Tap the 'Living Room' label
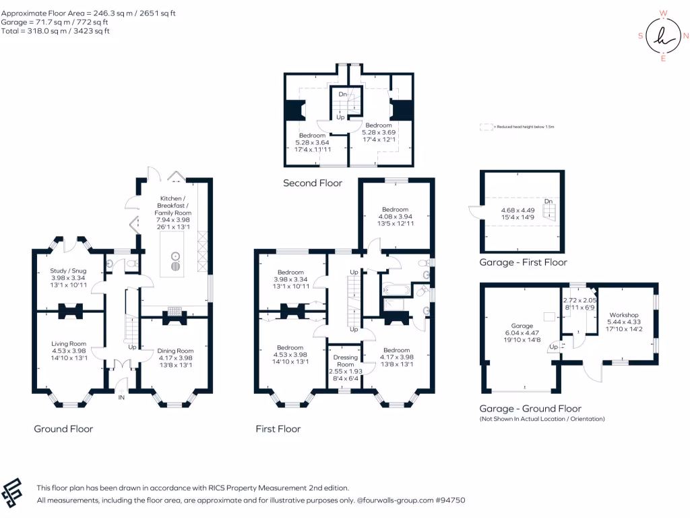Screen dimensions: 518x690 pos(69,344)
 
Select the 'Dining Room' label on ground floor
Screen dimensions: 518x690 pos(175,351)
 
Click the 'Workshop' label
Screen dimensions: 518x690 pos(623,315)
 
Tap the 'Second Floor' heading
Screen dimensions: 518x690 pos(312,183)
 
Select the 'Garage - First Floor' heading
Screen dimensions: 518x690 pos(523,262)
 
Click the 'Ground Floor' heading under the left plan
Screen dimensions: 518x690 pos(63,429)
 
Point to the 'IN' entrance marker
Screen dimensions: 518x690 pos(122,399)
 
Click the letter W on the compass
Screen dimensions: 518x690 pos(663,13)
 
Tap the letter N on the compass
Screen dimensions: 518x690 pos(685,36)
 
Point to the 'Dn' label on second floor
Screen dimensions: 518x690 pos(342,94)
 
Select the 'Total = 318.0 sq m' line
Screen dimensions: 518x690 pos(55,31)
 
